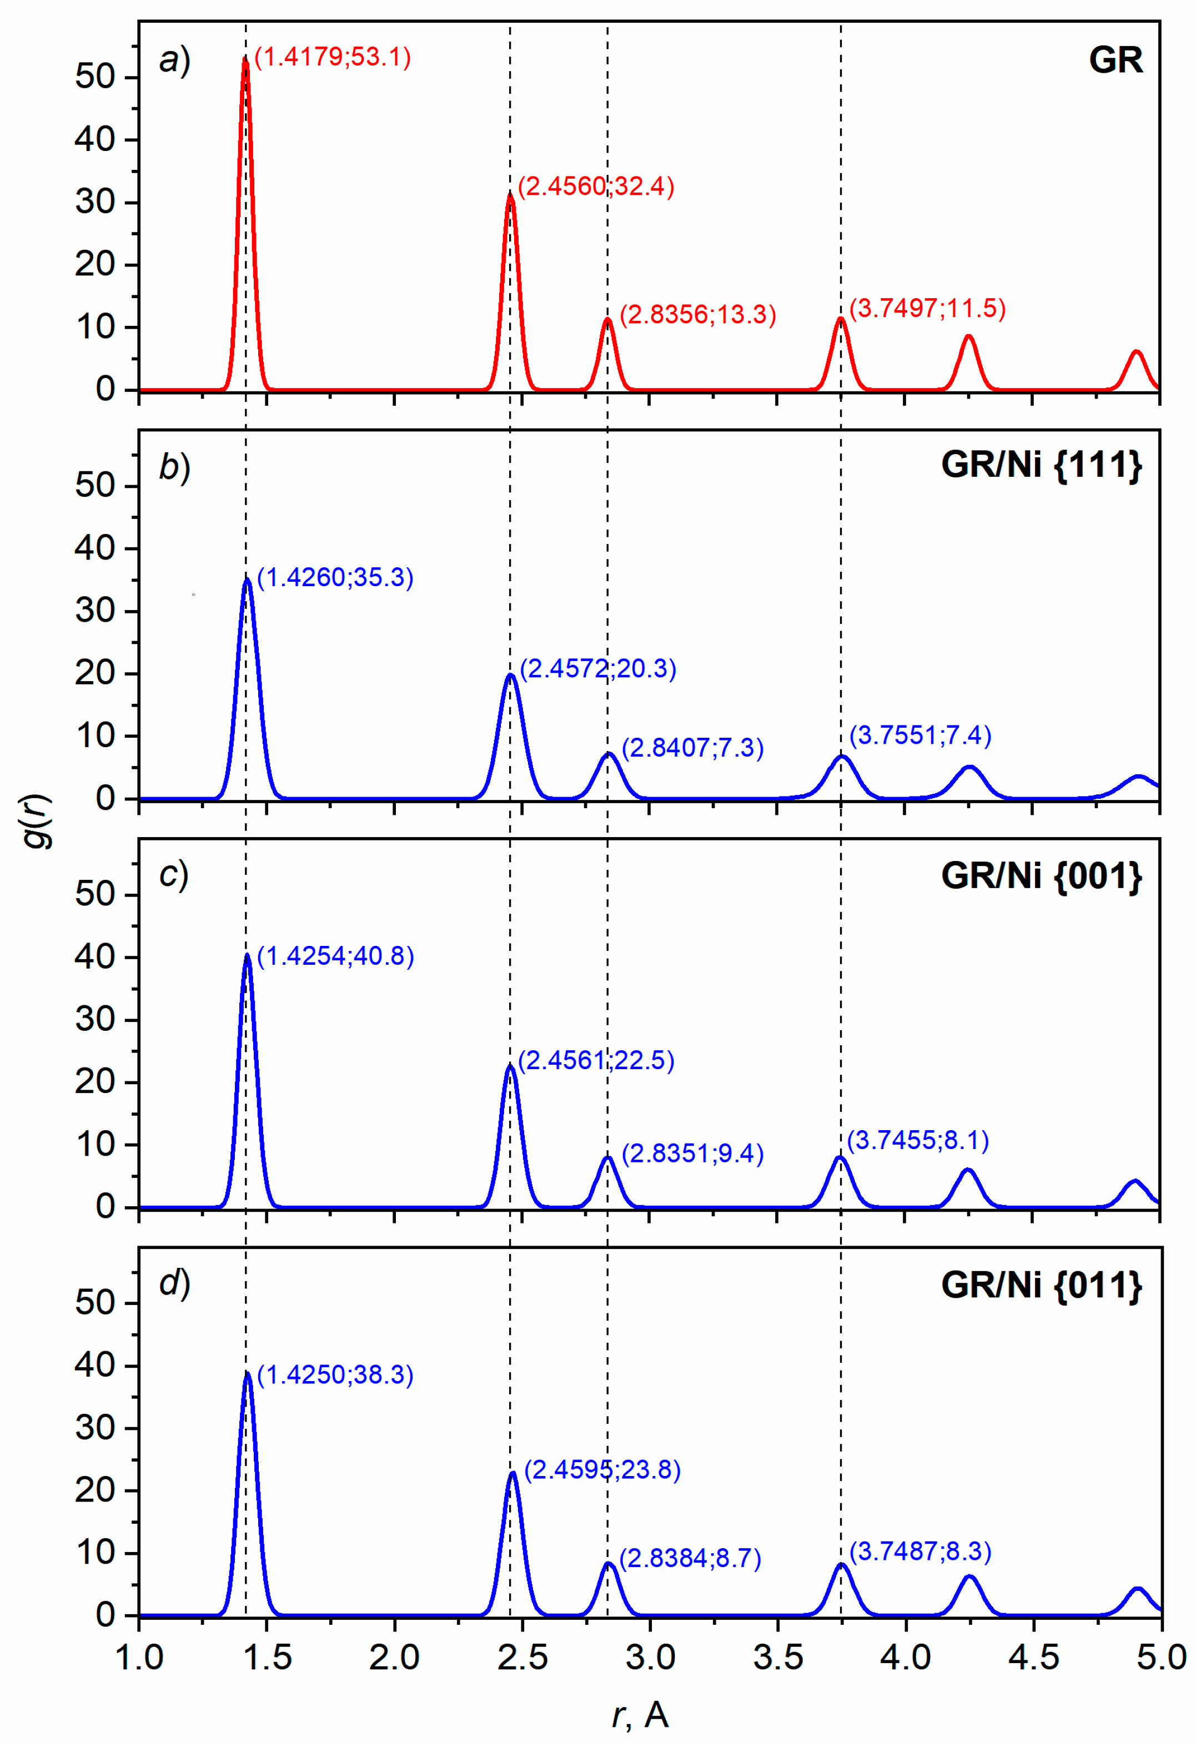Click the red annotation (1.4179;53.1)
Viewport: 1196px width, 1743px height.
tap(333, 57)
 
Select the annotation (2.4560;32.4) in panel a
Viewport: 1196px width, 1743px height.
tap(596, 186)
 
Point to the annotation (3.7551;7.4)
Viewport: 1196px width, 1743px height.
tap(920, 735)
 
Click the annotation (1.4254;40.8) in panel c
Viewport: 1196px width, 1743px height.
tap(335, 956)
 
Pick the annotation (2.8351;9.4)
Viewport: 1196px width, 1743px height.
tap(692, 1153)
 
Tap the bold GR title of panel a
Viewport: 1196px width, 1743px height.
tap(1115, 60)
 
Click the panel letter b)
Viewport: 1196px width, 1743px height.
tap(174, 467)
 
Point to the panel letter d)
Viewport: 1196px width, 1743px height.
tap(174, 1283)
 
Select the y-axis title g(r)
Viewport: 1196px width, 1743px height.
tap(36, 820)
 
